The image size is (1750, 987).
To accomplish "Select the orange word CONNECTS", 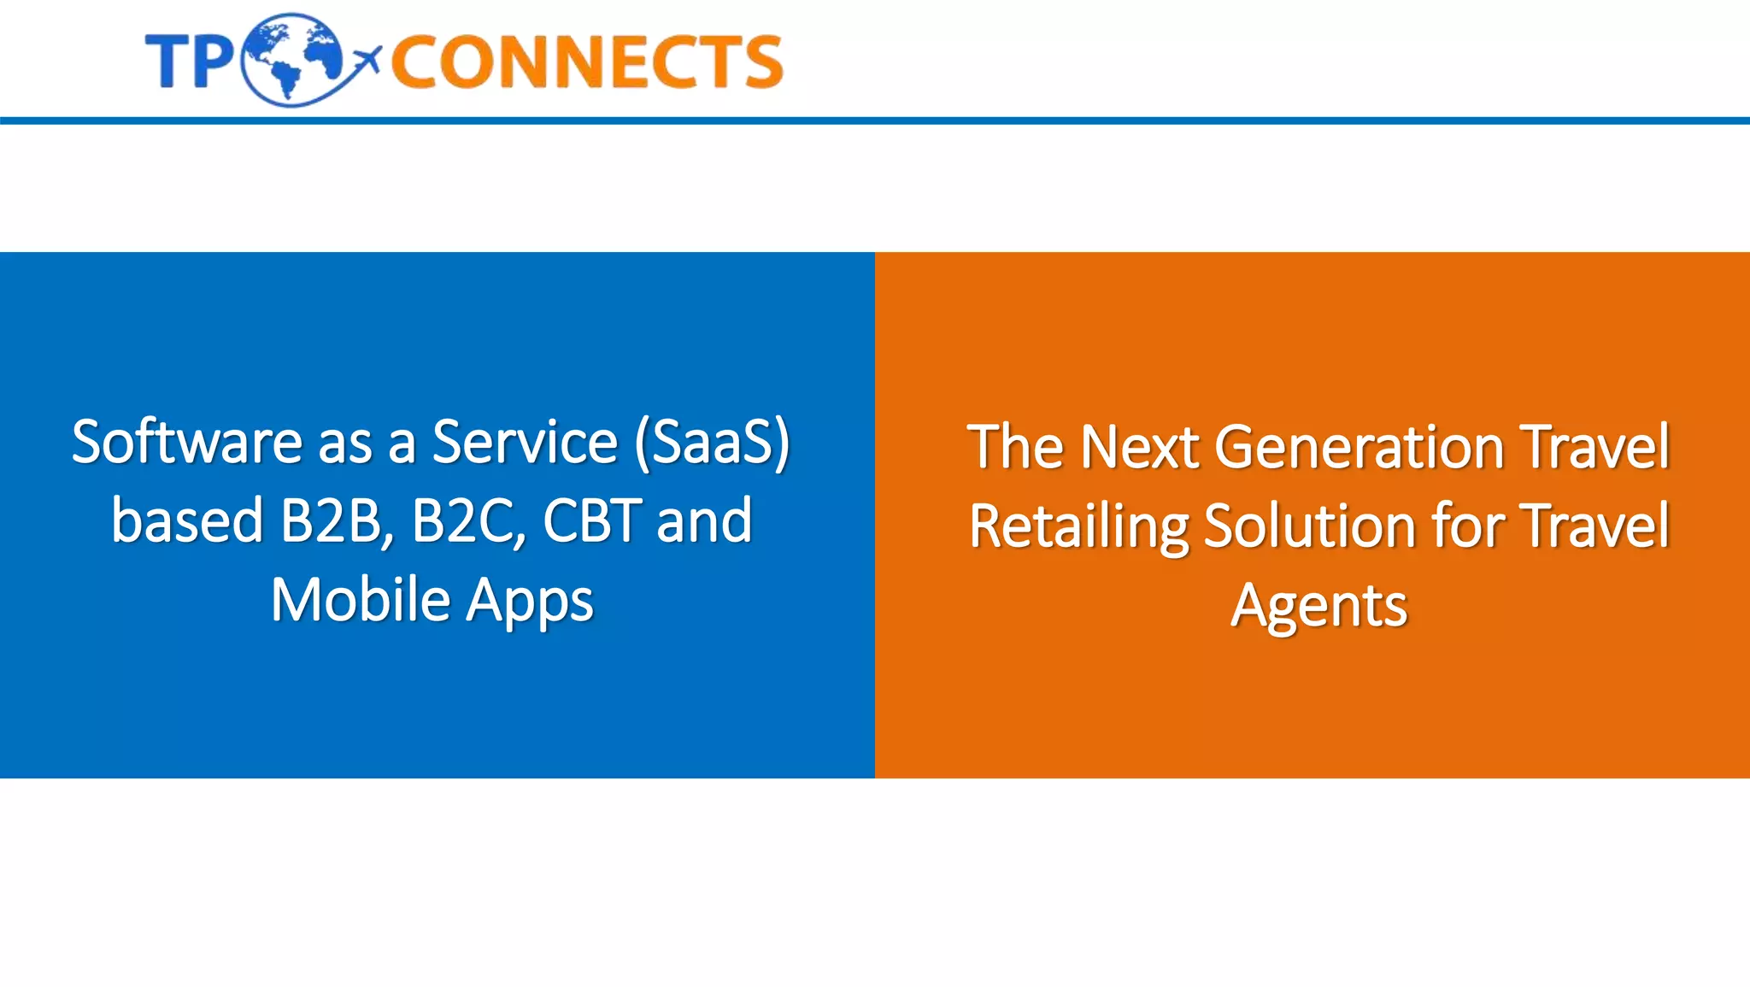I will pos(587,62).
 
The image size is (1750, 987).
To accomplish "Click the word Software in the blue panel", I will pos(186,442).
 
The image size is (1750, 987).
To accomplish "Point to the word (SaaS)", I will pos(713,442).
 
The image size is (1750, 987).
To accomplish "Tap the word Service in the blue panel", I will pos(525,442).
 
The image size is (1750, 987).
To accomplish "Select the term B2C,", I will pos(468,520).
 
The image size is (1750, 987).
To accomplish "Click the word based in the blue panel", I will pos(187,520).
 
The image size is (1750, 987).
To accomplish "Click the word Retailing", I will pos(1078,526).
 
